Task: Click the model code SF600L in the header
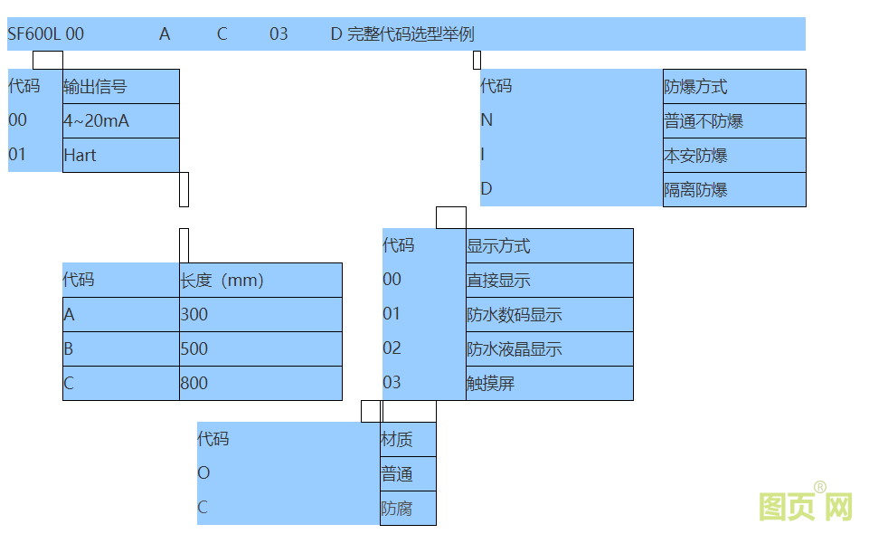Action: pos(34,34)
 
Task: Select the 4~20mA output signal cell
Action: pos(120,120)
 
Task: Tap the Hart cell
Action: pos(120,155)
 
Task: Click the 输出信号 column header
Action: pos(120,87)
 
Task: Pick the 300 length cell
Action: pos(260,314)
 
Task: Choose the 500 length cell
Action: pos(260,348)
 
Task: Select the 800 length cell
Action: pos(260,383)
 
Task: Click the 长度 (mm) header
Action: pos(260,280)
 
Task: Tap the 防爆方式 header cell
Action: pos(733,87)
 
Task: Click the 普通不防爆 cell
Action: pos(733,121)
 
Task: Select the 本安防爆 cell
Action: pos(733,156)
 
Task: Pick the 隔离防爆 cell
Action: pos(733,190)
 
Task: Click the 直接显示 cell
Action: pos(549,280)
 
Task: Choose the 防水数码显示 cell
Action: pos(549,314)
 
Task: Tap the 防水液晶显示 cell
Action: pos(549,348)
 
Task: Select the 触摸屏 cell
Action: pos(549,383)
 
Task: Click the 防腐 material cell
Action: pos(408,508)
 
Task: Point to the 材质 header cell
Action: pos(408,440)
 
